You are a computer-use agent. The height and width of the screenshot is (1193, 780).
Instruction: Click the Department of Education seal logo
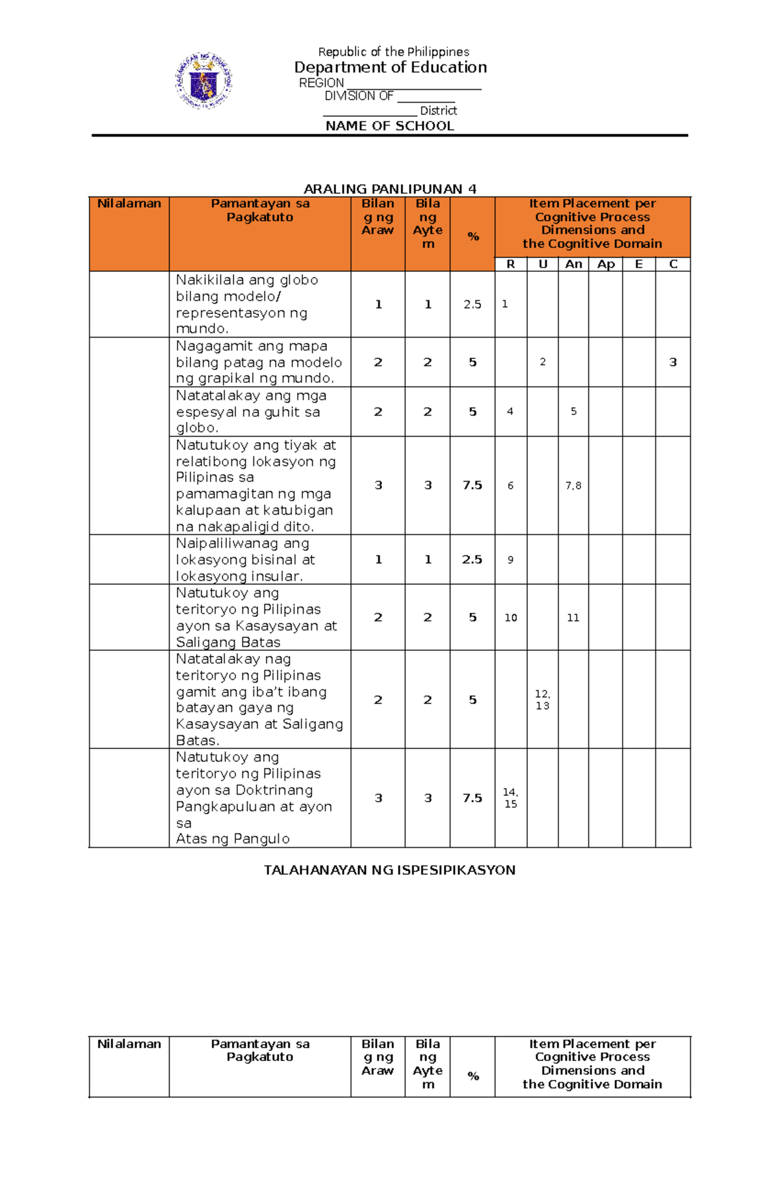point(203,81)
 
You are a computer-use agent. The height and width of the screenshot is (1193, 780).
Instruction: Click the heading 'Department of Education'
point(390,68)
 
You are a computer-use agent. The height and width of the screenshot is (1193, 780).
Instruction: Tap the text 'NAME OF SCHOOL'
point(389,126)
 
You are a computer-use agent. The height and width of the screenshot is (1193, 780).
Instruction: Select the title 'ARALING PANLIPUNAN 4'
point(390,189)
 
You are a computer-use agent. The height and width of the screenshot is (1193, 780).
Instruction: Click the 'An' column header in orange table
point(573,264)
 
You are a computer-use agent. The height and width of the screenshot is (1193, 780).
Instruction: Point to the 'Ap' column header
point(606,264)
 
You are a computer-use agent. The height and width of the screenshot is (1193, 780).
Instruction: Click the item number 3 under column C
point(673,362)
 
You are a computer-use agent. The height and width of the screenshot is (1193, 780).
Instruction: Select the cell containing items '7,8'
point(573,486)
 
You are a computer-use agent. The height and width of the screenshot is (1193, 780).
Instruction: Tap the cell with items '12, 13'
point(542,700)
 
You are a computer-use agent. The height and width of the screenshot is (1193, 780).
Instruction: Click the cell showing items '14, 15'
point(510,798)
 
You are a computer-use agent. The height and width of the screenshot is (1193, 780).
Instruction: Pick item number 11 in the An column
point(573,618)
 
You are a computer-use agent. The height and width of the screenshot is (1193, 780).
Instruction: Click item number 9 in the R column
point(510,560)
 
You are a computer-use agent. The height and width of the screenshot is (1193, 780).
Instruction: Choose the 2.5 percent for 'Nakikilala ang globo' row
point(473,304)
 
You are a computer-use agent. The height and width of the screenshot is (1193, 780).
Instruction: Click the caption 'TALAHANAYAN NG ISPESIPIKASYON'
point(389,870)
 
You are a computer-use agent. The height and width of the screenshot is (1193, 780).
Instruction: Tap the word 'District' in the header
point(438,111)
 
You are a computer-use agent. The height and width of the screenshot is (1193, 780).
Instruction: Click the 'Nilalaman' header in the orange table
point(129,203)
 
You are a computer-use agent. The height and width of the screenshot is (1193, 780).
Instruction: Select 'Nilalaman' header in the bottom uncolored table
point(129,1044)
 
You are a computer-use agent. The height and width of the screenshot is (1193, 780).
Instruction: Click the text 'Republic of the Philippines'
point(393,52)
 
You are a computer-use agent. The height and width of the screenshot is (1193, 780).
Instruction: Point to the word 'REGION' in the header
point(321,83)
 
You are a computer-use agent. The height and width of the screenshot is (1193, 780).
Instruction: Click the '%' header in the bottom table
point(473,1076)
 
